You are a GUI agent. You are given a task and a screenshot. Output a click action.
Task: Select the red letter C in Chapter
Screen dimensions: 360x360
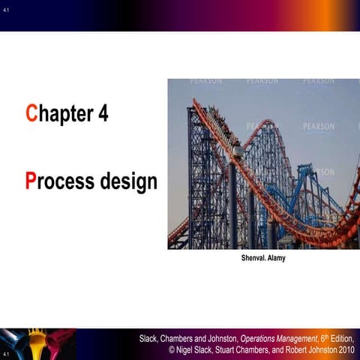pyautogui.click(x=31, y=114)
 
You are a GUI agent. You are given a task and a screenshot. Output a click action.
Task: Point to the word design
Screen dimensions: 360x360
pyautogui.click(x=128, y=183)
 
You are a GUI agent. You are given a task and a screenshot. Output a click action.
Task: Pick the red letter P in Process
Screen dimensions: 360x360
pyautogui.click(x=31, y=181)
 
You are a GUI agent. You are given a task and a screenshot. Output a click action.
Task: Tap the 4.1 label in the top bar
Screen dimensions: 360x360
pyautogui.click(x=7, y=10)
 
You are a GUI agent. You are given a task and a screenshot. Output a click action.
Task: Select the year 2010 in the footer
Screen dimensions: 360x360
pyautogui.click(x=346, y=350)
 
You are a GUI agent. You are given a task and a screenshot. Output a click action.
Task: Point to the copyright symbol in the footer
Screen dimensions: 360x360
pyautogui.click(x=172, y=350)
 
